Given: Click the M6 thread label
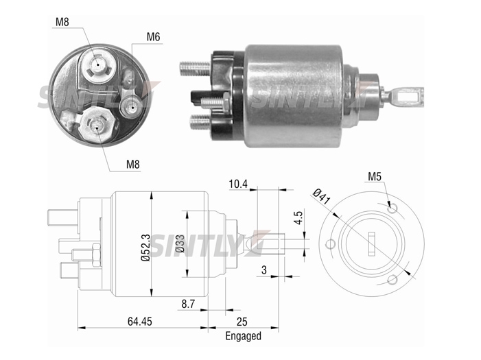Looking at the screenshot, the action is point(154,37).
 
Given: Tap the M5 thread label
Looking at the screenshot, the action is point(374,177).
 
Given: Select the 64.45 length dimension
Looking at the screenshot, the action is point(139,322).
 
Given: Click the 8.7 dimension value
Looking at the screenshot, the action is point(188,304).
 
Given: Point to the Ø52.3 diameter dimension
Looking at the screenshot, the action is point(145,247).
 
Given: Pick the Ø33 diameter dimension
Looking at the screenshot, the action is point(180,244).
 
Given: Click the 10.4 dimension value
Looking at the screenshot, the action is point(237,184).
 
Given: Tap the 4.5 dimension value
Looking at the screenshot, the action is point(298,217).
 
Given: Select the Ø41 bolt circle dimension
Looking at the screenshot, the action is point(322,197).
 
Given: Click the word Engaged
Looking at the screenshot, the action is point(244,336).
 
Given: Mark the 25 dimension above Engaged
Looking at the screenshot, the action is point(242,322).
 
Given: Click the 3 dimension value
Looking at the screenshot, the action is point(263,270).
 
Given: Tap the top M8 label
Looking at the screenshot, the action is point(62,22).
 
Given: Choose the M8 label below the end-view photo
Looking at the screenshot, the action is point(133,165).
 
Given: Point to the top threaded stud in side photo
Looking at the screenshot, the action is point(194,68).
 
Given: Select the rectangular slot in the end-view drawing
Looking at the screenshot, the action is point(372,244).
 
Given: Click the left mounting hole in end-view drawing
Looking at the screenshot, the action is point(330,244).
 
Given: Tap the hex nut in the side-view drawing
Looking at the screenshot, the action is point(96,254).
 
